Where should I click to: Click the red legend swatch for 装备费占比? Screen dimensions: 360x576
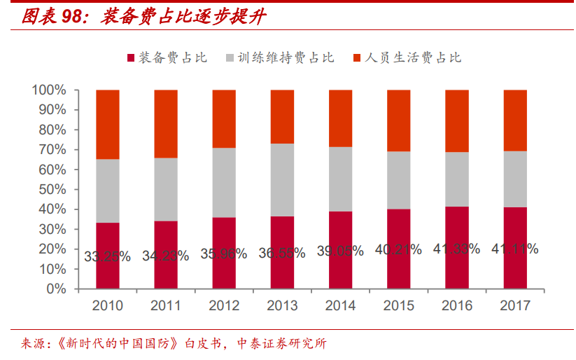pyautogui.click(x=130, y=58)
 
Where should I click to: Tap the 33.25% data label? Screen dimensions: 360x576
pyautogui.click(x=107, y=256)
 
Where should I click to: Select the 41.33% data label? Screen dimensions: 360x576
pyautogui.click(x=456, y=249)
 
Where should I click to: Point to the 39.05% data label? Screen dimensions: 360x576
pyautogui.click(x=340, y=251)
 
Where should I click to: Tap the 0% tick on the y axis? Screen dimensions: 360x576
pyautogui.click(x=57, y=289)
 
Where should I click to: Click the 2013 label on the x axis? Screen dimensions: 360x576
pyautogui.click(x=282, y=306)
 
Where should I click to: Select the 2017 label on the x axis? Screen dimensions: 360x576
pyautogui.click(x=515, y=306)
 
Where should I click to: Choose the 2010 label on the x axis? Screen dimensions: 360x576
pyautogui.click(x=107, y=306)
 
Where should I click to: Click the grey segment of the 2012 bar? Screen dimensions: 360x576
pyautogui.click(x=224, y=182)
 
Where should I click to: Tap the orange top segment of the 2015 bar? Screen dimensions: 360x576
pyautogui.click(x=398, y=120)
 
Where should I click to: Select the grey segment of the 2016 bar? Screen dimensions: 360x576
pyautogui.click(x=456, y=179)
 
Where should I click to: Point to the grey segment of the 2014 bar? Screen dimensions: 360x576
pyautogui.click(x=340, y=179)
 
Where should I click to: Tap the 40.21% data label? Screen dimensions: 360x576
pyautogui.click(x=398, y=250)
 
